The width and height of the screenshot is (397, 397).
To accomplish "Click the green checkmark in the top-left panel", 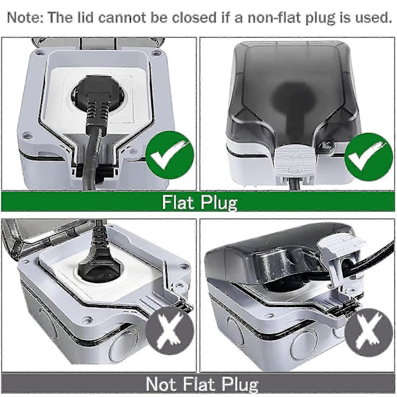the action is coord(169,155).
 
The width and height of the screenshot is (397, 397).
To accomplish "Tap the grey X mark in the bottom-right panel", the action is coord(368,331).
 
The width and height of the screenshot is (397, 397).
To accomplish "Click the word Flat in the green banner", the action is coord(178,202).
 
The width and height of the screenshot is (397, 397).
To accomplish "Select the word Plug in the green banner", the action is coord(218,202).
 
